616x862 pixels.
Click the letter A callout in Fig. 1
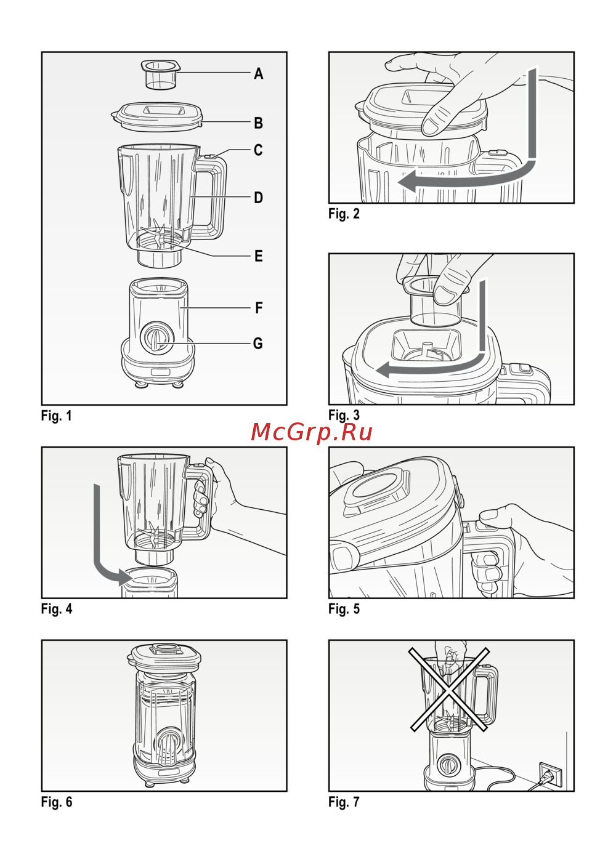pyautogui.click(x=258, y=73)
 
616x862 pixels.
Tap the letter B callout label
pyautogui.click(x=258, y=123)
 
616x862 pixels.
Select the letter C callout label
pyautogui.click(x=258, y=150)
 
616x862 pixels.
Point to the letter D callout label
pyautogui.click(x=258, y=198)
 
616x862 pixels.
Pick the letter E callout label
pyautogui.click(x=259, y=256)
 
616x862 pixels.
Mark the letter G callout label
pyautogui.click(x=258, y=344)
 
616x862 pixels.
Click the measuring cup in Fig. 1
pyautogui.click(x=161, y=75)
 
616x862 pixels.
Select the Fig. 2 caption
pyautogui.click(x=344, y=214)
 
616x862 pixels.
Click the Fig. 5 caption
pyautogui.click(x=344, y=608)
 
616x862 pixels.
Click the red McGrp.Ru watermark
pyautogui.click(x=312, y=432)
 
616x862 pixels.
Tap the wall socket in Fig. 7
pyautogui.click(x=550, y=774)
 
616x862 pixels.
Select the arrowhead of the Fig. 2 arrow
pyautogui.click(x=407, y=181)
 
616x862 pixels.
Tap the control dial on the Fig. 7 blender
pyautogui.click(x=447, y=763)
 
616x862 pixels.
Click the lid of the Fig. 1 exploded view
pyautogui.click(x=156, y=116)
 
